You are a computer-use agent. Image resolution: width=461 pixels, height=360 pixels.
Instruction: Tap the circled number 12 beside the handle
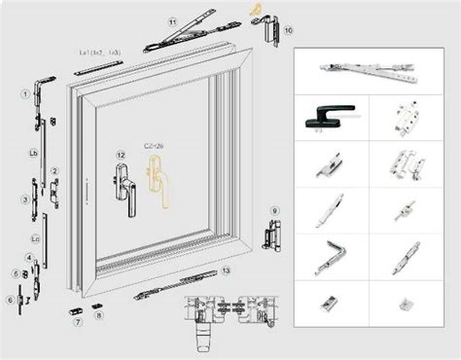(120, 156)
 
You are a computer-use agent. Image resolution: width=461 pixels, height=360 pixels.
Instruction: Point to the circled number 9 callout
(275, 211)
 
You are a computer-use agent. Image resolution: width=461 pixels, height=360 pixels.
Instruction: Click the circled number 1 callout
(23, 93)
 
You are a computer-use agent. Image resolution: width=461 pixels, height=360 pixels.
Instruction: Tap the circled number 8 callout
(97, 316)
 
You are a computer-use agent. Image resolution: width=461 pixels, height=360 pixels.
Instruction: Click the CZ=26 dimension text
(154, 144)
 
